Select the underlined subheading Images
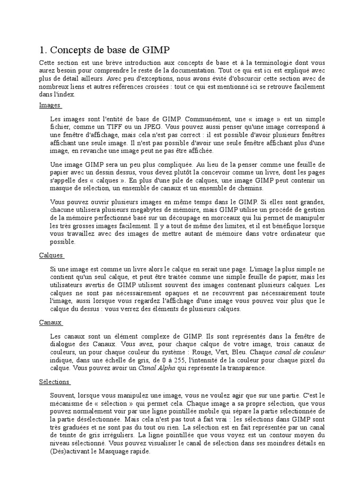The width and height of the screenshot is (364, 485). (49, 105)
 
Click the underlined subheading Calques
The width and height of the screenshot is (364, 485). (51, 255)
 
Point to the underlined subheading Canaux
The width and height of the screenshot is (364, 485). (50, 323)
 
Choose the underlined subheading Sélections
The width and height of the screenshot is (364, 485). (54, 382)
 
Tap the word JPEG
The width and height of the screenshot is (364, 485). (153, 128)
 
